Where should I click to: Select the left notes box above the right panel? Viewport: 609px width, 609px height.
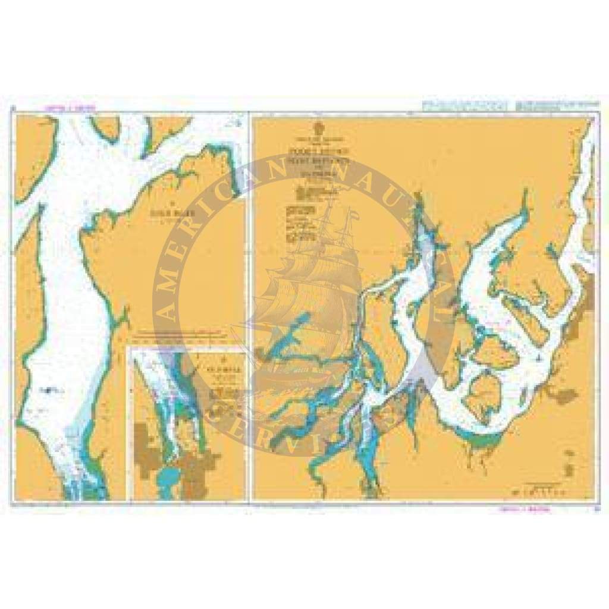462,105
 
